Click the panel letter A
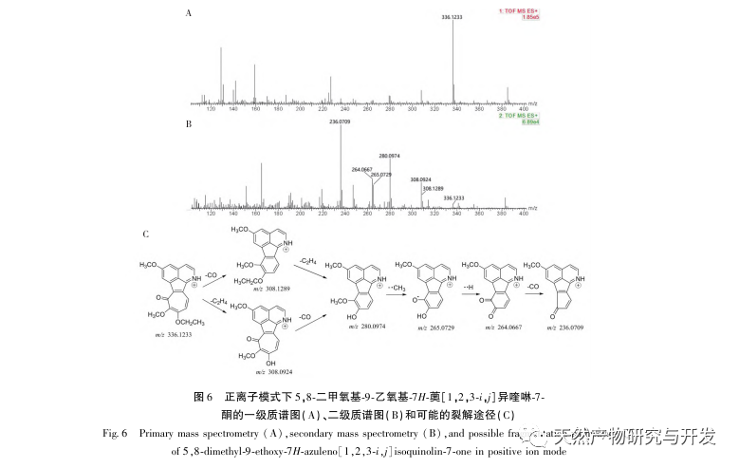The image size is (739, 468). (x=189, y=13)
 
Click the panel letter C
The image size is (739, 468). (x=144, y=234)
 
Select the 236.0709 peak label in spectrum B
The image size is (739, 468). (x=340, y=122)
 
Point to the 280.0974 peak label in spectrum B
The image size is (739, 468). (x=390, y=154)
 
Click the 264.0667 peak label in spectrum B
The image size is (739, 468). (x=361, y=168)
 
